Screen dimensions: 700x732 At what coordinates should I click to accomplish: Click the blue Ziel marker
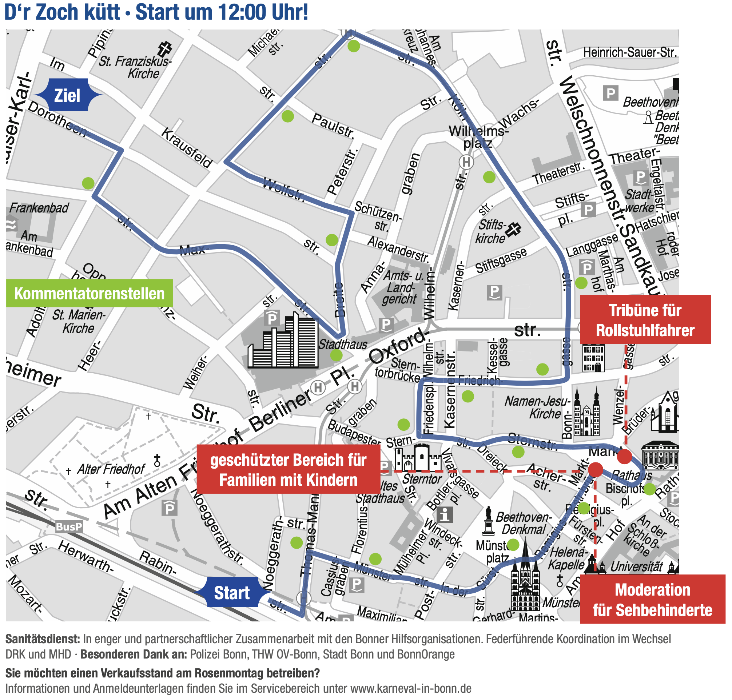click(x=67, y=96)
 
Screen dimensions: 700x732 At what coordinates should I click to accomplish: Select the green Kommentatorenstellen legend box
click(x=89, y=293)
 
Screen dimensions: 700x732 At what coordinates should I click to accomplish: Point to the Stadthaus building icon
click(x=283, y=341)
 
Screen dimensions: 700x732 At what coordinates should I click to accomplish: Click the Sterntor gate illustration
click(x=418, y=457)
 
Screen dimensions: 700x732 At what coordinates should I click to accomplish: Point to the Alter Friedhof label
click(x=111, y=469)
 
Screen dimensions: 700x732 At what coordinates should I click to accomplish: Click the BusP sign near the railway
click(x=69, y=526)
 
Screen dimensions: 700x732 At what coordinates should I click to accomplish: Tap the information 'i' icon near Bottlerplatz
click(x=445, y=515)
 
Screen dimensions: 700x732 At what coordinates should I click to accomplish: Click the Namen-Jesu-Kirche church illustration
click(x=586, y=413)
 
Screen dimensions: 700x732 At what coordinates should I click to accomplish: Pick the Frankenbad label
click(x=39, y=208)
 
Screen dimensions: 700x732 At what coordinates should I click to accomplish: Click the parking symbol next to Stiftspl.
click(x=588, y=210)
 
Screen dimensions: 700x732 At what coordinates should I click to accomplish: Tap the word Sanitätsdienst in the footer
click(x=43, y=639)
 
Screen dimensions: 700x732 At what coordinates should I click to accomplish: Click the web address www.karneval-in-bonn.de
click(x=410, y=688)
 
